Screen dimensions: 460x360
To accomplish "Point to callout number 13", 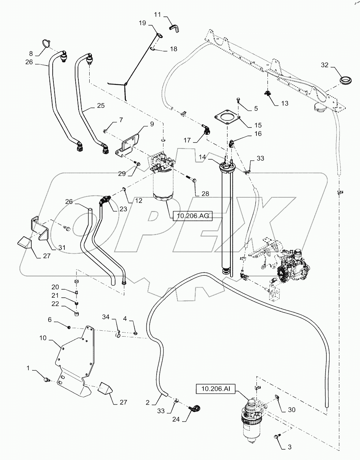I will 285,103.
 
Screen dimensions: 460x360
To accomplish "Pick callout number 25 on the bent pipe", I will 101,105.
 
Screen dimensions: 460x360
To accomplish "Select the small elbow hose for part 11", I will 173,26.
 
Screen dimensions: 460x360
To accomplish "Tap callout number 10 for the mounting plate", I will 43,338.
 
